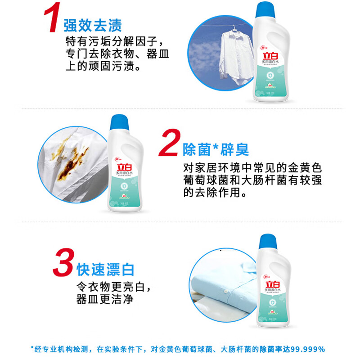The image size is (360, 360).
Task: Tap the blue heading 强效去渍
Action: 92,24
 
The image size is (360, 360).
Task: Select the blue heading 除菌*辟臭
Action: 216,149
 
